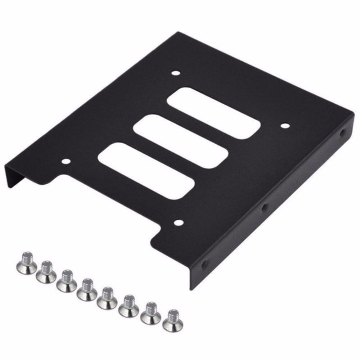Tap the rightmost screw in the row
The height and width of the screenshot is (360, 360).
(x=172, y=320)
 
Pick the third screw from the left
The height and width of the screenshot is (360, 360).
(x=67, y=281)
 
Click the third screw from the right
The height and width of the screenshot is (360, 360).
(x=129, y=305)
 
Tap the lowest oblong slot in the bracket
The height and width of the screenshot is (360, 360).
(x=146, y=170)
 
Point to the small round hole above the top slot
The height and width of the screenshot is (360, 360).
(x=176, y=73)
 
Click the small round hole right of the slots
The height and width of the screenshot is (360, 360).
(x=285, y=126)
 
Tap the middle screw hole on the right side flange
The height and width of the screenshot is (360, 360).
(x=265, y=208)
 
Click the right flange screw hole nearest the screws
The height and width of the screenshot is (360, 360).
(x=204, y=265)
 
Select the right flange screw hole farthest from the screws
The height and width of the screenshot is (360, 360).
(x=342, y=133)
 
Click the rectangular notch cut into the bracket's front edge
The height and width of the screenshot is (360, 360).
(x=108, y=202)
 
